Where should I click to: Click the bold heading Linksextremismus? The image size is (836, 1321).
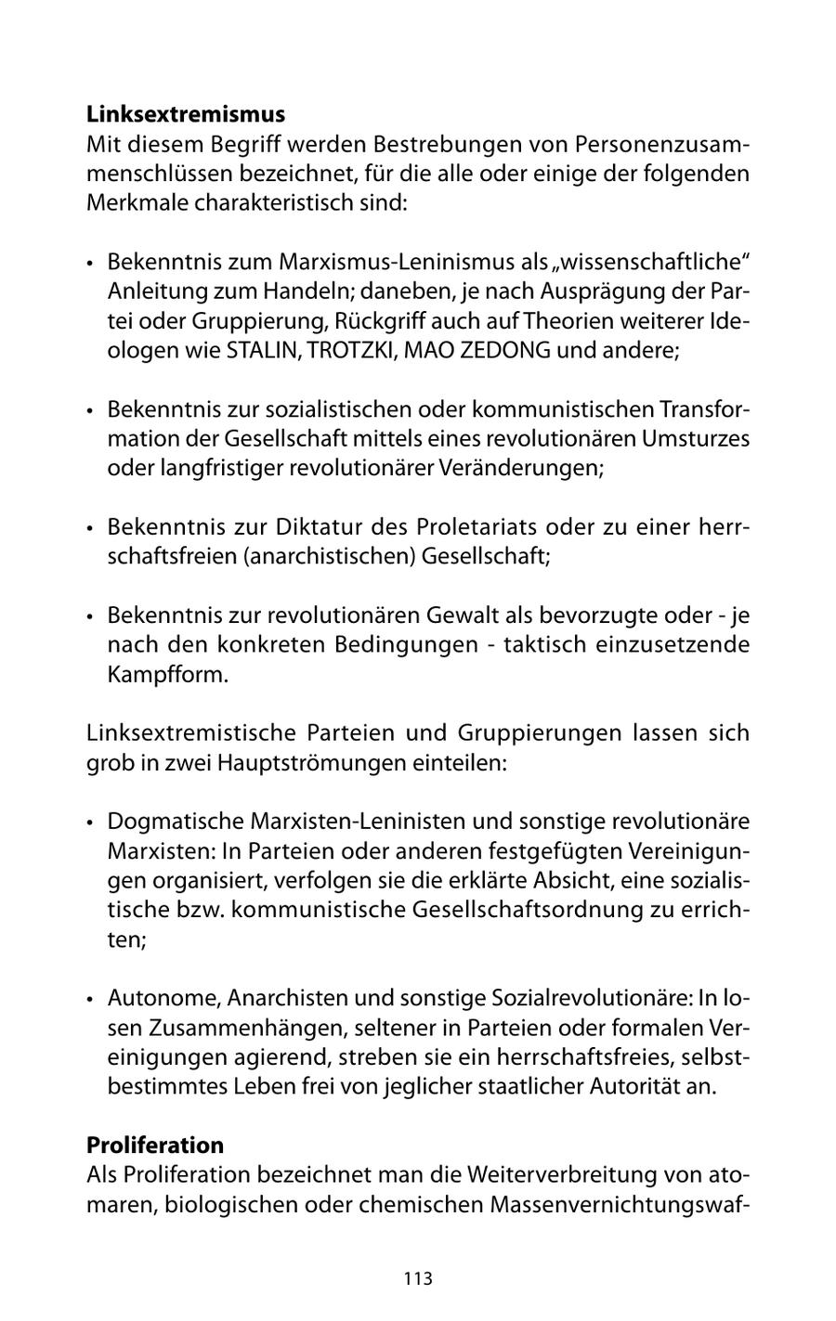pyautogui.click(x=186, y=115)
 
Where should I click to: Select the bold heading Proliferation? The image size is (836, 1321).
pyautogui.click(x=155, y=1145)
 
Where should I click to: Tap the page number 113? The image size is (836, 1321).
pyautogui.click(x=418, y=1278)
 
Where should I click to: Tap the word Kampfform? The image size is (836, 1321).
pyautogui.click(x=167, y=674)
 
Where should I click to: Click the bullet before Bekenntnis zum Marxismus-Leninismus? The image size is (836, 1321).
pyautogui.click(x=90, y=264)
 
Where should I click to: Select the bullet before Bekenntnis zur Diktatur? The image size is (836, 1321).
pyautogui.click(x=90, y=528)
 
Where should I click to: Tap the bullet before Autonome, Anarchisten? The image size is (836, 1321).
pyautogui.click(x=90, y=999)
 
